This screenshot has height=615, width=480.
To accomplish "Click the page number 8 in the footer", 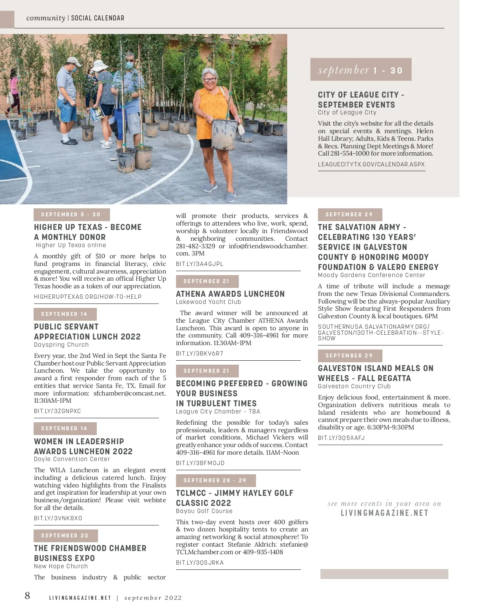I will click(27, 596).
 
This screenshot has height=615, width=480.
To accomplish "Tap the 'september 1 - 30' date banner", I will click(360, 70).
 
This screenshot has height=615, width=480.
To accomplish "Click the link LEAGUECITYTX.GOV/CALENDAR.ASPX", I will click(371, 164).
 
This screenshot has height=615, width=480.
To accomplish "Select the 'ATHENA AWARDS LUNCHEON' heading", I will click(230, 294).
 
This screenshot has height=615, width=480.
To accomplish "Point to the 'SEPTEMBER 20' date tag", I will click(65, 535).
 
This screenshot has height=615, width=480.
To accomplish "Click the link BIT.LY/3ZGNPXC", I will click(58, 411).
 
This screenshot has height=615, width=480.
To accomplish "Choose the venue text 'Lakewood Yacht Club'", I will click(208, 302).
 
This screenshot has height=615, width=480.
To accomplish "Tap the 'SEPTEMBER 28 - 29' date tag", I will click(215, 480).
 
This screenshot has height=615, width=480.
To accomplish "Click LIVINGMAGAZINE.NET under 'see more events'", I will click(384, 513).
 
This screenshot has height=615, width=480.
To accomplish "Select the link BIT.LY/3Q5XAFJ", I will click(341, 438).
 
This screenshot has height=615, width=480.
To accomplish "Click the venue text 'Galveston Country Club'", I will click(354, 386).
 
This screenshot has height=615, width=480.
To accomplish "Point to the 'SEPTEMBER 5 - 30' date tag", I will click(71, 214).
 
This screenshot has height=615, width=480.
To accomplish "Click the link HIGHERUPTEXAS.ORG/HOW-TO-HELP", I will click(88, 297).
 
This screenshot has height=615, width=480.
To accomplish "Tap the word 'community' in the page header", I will click(46, 18).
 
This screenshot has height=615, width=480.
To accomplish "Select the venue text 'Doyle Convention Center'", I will click(72, 459).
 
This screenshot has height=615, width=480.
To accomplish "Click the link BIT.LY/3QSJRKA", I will click(200, 563).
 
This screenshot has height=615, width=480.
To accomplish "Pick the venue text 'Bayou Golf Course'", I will click(204, 511).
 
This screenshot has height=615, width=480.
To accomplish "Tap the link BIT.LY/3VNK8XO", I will click(58, 518).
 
